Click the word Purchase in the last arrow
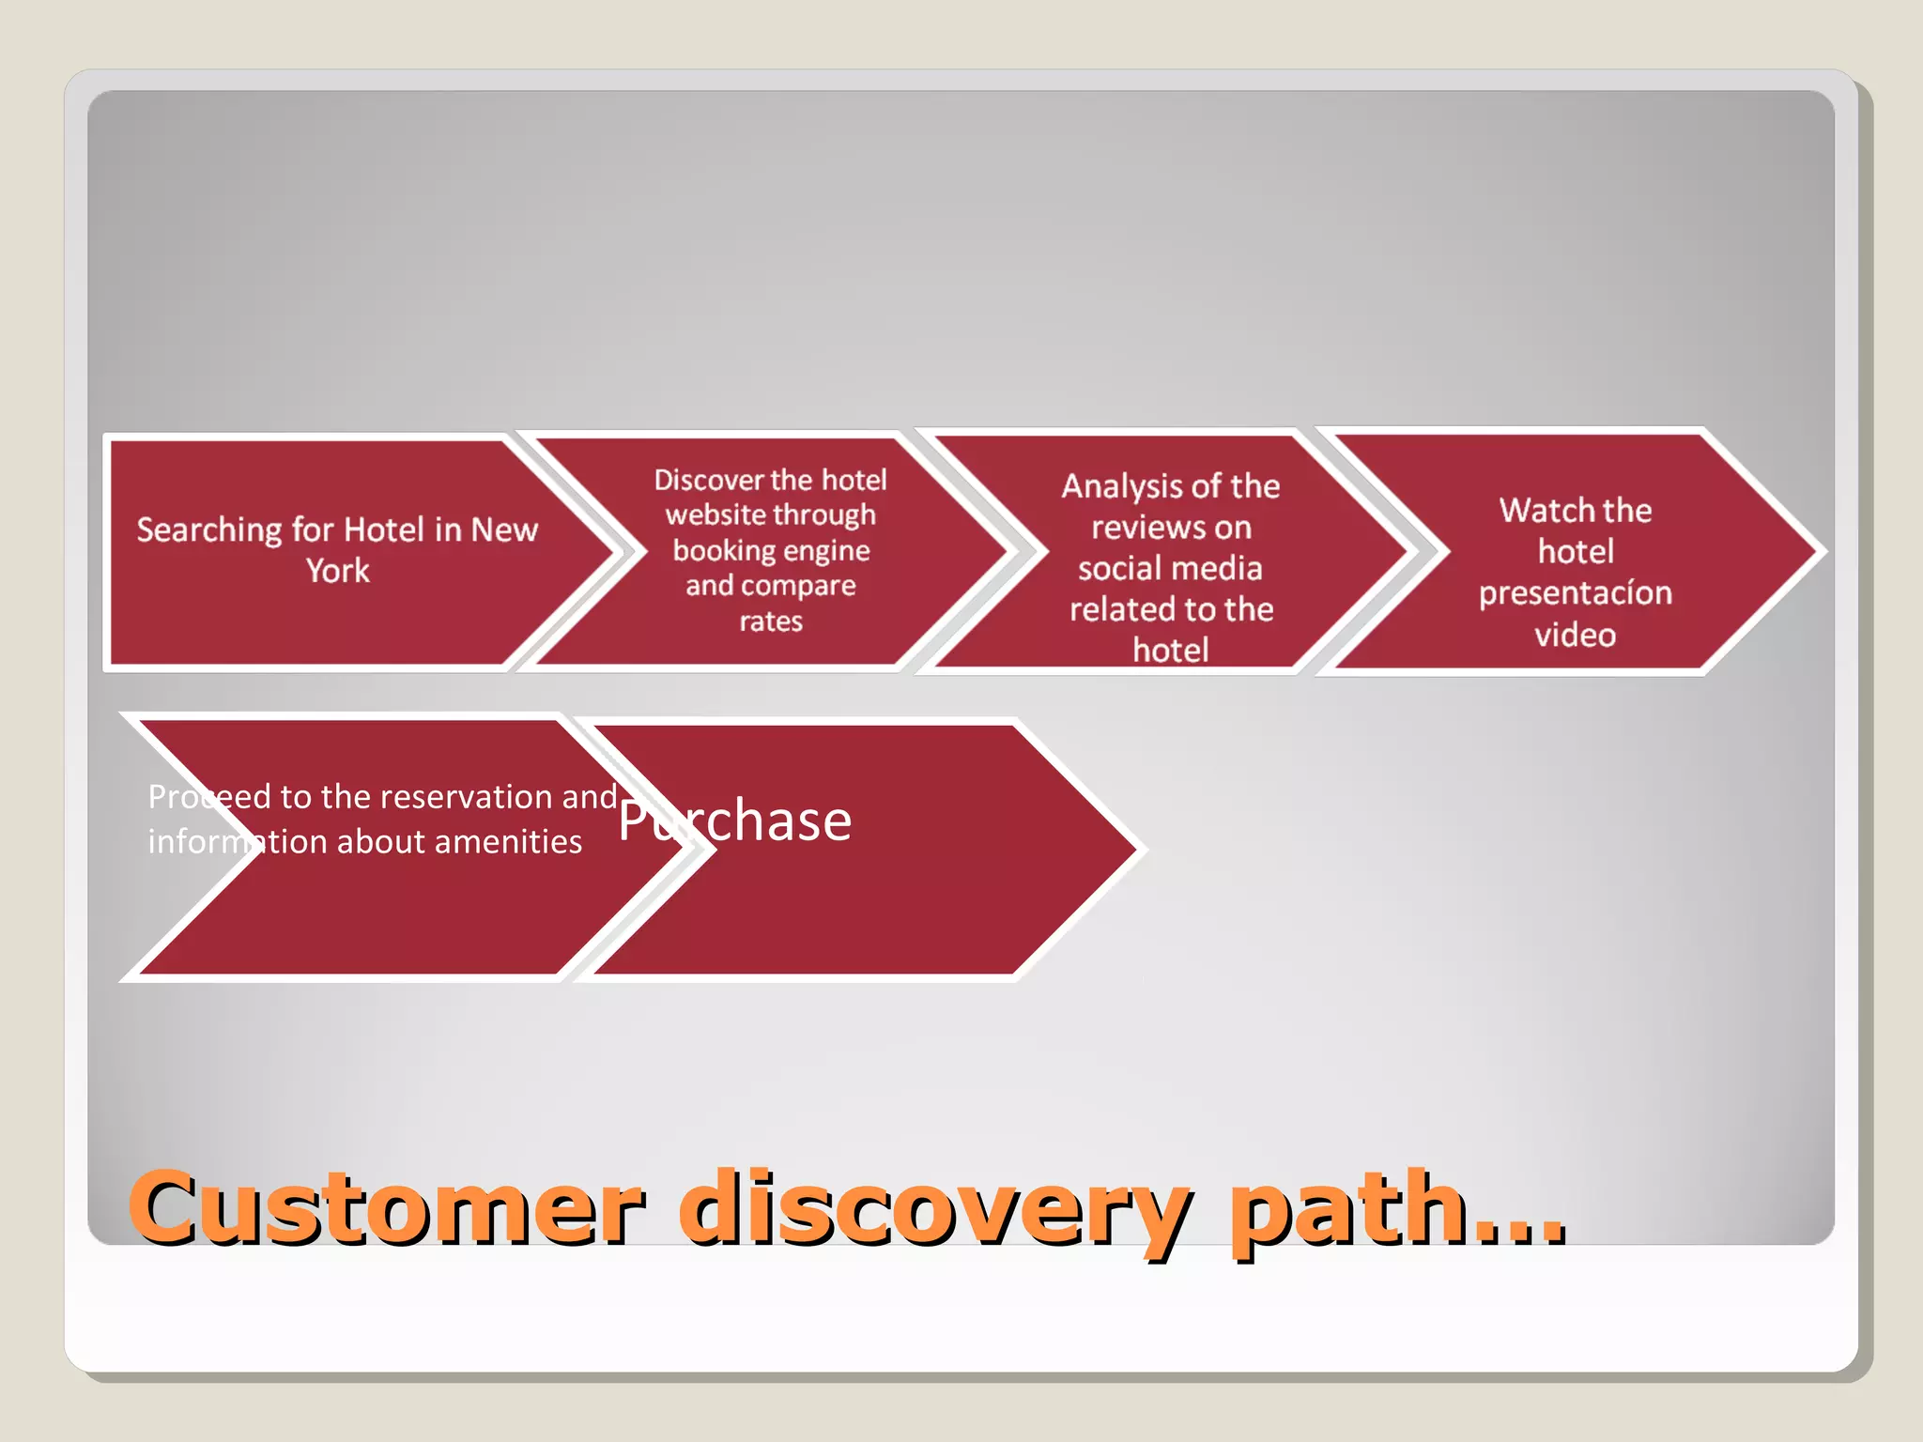click(734, 821)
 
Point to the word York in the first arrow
click(338, 571)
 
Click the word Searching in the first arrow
click(209, 530)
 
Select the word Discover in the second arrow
click(707, 480)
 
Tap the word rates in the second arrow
click(771, 621)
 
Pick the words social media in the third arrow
click(1170, 569)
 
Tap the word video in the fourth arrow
click(1575, 636)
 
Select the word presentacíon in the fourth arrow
click(1575, 593)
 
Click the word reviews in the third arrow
click(1131, 528)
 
